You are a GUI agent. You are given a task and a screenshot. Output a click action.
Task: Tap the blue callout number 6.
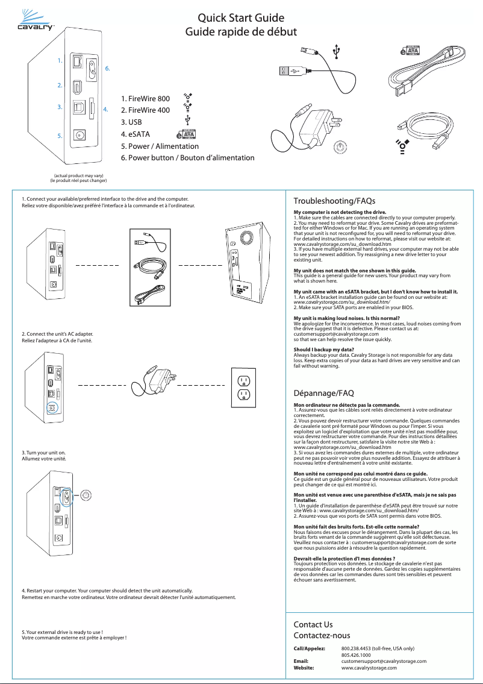pos(107,68)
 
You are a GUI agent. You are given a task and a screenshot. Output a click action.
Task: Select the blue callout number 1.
pos(59,61)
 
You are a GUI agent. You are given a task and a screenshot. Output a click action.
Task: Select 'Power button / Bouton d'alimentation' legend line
pos(187,158)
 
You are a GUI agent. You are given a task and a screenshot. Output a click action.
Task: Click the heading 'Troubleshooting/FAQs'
pos(334,200)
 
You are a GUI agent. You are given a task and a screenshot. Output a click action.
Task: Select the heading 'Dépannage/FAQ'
pos(323,393)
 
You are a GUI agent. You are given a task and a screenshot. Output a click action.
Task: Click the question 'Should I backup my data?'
pos(323,350)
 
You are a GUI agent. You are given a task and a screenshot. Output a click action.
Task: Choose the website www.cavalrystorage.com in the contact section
pos(369,668)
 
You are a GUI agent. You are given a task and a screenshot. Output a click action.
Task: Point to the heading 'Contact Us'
pos(313,624)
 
